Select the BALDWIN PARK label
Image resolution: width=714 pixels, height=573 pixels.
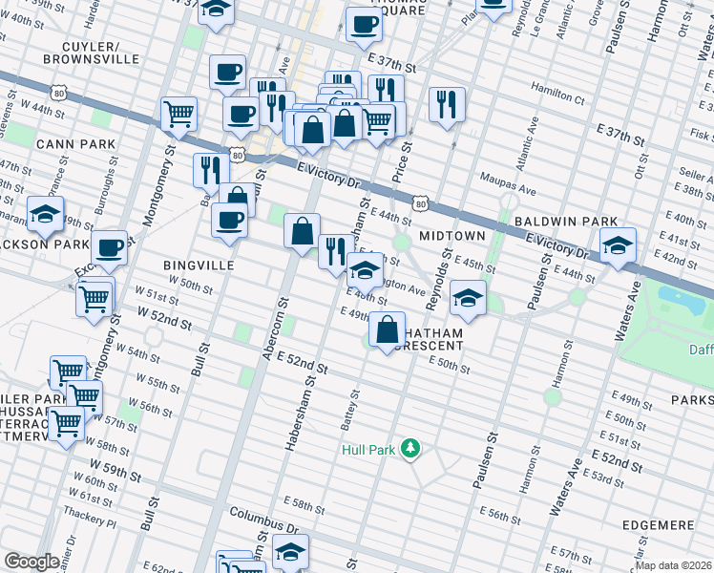pyautogui.click(x=566, y=221)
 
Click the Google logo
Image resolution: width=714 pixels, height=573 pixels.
pyautogui.click(x=31, y=562)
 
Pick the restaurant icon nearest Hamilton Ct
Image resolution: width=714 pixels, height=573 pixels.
pyautogui.click(x=447, y=104)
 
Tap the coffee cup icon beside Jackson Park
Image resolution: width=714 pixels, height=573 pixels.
pyautogui.click(x=110, y=247)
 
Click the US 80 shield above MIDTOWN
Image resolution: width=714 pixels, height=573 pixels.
pyautogui.click(x=420, y=203)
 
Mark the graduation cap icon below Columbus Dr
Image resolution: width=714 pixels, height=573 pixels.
pyautogui.click(x=290, y=551)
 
